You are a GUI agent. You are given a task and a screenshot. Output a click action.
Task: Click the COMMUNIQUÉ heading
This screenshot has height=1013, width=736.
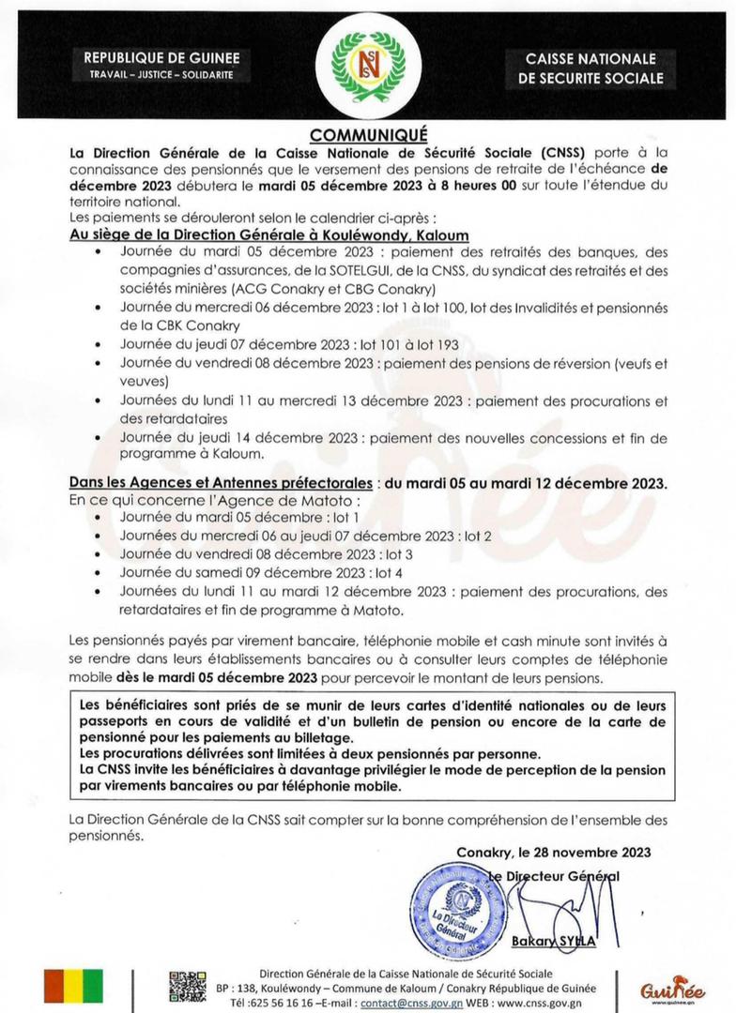pos(368,133)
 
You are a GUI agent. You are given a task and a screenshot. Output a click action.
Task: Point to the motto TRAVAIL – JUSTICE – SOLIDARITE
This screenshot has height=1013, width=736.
pos(161,74)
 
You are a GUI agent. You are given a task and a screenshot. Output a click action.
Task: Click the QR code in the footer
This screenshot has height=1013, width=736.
pos(188,987)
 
